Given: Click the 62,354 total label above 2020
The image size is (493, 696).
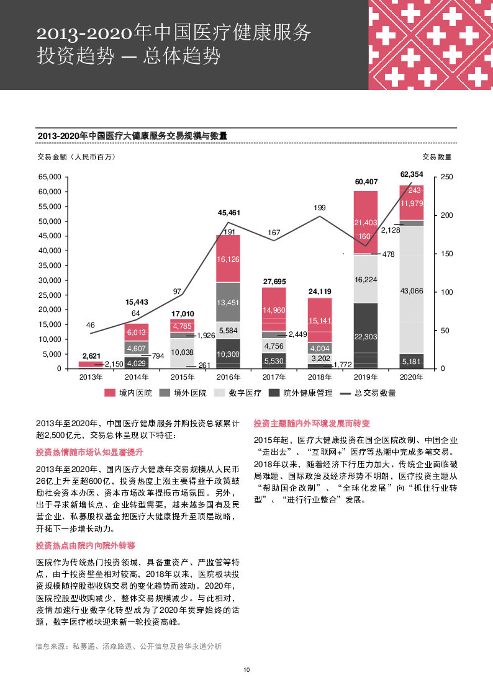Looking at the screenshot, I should (412, 174).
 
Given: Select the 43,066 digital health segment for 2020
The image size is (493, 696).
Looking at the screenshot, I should (412, 290).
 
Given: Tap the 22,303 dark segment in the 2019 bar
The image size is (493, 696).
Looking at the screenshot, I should (366, 336).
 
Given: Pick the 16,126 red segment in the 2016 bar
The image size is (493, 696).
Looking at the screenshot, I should (228, 259).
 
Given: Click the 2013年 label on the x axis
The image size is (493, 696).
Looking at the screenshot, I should (91, 377).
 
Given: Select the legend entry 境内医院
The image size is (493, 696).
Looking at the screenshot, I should (135, 393).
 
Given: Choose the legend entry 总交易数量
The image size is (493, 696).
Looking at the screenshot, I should (376, 393).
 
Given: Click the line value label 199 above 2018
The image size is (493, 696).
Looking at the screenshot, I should (320, 208).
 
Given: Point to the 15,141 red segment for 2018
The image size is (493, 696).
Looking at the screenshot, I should (320, 321).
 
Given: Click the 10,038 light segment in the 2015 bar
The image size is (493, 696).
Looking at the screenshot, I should (182, 352).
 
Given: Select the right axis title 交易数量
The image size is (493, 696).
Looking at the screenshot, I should (437, 156).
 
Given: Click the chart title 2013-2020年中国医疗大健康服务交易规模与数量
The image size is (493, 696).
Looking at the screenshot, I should (132, 136).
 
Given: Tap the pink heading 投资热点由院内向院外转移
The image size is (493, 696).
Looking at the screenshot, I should (86, 545).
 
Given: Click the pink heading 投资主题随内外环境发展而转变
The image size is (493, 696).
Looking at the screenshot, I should (312, 424).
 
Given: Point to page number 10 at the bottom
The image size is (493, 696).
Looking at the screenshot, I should (246, 670).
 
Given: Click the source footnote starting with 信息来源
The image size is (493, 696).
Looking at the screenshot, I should (129, 646).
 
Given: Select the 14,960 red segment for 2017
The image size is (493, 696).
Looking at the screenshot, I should (274, 310).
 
